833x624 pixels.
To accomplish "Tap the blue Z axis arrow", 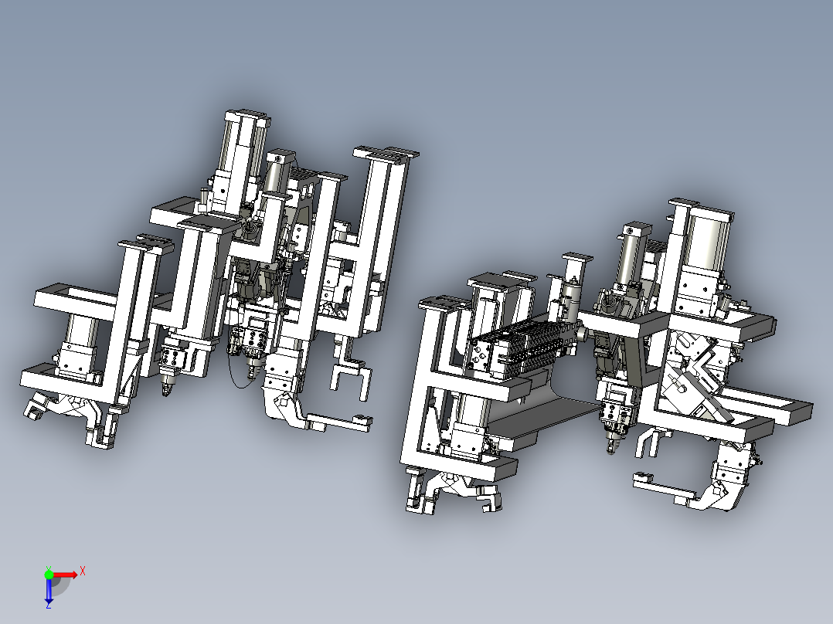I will [x=49, y=591].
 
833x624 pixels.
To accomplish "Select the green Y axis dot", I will [x=49, y=574].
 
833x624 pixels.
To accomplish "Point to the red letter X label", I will [x=82, y=571].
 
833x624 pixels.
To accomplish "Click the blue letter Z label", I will [x=48, y=605].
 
